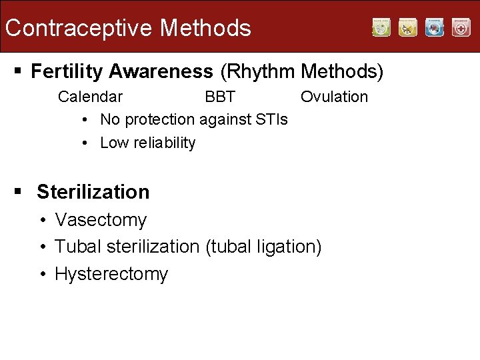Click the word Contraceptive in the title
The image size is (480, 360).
79,28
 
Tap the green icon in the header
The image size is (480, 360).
381,27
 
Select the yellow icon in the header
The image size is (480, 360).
408,27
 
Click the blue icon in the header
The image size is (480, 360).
435,27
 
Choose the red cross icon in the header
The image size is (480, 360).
461,27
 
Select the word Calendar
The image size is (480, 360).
90,97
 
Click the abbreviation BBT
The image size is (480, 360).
220,97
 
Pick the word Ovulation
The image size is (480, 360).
334,97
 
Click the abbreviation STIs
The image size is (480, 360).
271,119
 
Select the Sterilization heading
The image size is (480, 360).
93,192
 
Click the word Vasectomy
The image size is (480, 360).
101,220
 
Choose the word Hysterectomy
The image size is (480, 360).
111,274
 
